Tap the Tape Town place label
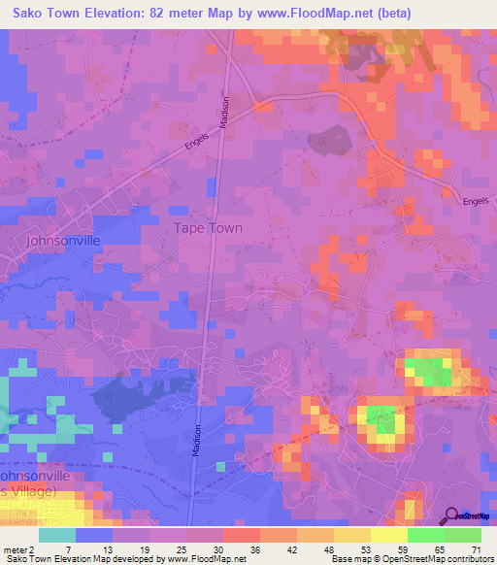pyautogui.click(x=208, y=228)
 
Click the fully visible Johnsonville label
pyautogui.click(x=63, y=240)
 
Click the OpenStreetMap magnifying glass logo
pyautogui.click(x=449, y=515)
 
